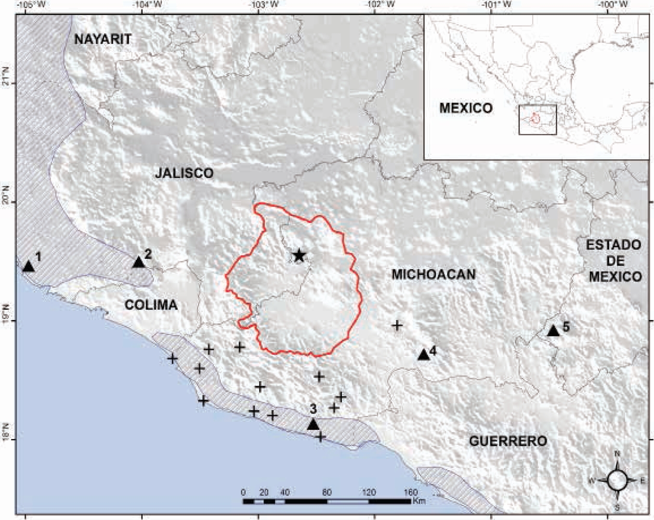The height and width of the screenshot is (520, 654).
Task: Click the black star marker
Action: (x=299, y=255)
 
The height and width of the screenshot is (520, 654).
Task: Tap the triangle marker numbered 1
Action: (x=28, y=266)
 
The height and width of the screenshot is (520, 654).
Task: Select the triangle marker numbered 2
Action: (x=139, y=262)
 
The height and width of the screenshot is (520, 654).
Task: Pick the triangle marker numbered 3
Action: (x=313, y=425)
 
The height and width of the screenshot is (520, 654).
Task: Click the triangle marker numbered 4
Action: (x=423, y=355)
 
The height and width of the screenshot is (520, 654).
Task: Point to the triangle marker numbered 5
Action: (x=553, y=331)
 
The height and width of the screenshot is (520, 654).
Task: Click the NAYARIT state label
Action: (x=103, y=40)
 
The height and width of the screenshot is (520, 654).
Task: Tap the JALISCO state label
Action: (x=184, y=173)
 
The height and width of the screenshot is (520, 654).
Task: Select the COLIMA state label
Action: (x=151, y=305)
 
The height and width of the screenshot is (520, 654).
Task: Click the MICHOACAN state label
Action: (x=433, y=275)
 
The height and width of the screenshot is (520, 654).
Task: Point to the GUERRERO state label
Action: (x=508, y=441)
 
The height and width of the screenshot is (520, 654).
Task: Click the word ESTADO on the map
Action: (x=614, y=245)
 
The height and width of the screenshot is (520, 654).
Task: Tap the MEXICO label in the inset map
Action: (x=466, y=108)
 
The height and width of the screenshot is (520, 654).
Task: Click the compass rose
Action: (x=617, y=480)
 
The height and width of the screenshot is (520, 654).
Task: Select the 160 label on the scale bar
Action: (x=410, y=493)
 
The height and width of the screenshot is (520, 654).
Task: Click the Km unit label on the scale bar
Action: (x=419, y=501)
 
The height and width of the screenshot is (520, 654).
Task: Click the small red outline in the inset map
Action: (x=535, y=118)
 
